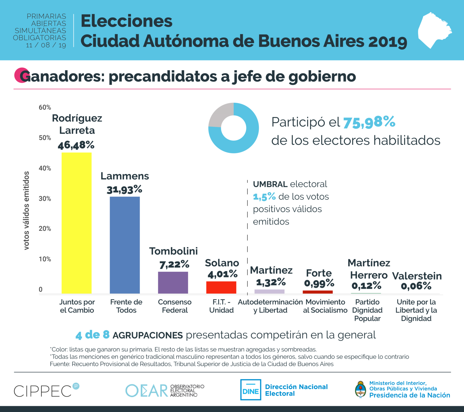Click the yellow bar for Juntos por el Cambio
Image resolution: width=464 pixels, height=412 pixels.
coord(76,223)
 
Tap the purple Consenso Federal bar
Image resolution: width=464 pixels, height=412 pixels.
coord(173,283)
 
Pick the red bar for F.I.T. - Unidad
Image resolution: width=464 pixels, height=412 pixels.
coord(221,287)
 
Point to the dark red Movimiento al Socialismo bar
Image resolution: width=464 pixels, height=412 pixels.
coord(318,292)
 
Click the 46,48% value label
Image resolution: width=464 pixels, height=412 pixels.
coord(76,145)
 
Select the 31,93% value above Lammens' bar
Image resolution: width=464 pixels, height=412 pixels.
coord(124,190)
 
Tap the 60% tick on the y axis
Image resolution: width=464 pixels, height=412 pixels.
coord(45,107)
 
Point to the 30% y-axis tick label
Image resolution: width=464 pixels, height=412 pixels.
coord(45,199)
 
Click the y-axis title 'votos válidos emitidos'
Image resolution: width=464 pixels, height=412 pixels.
coord(27,211)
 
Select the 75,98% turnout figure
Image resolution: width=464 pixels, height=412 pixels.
coord(369,122)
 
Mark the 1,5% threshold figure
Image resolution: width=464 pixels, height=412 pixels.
coord(264,197)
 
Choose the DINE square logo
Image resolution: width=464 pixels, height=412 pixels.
coord(250,390)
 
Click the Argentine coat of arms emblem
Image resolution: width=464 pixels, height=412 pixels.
coord(361,389)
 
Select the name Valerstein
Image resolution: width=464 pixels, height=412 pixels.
coord(417,276)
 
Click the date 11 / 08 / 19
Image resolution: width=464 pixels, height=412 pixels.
coord(46,45)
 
